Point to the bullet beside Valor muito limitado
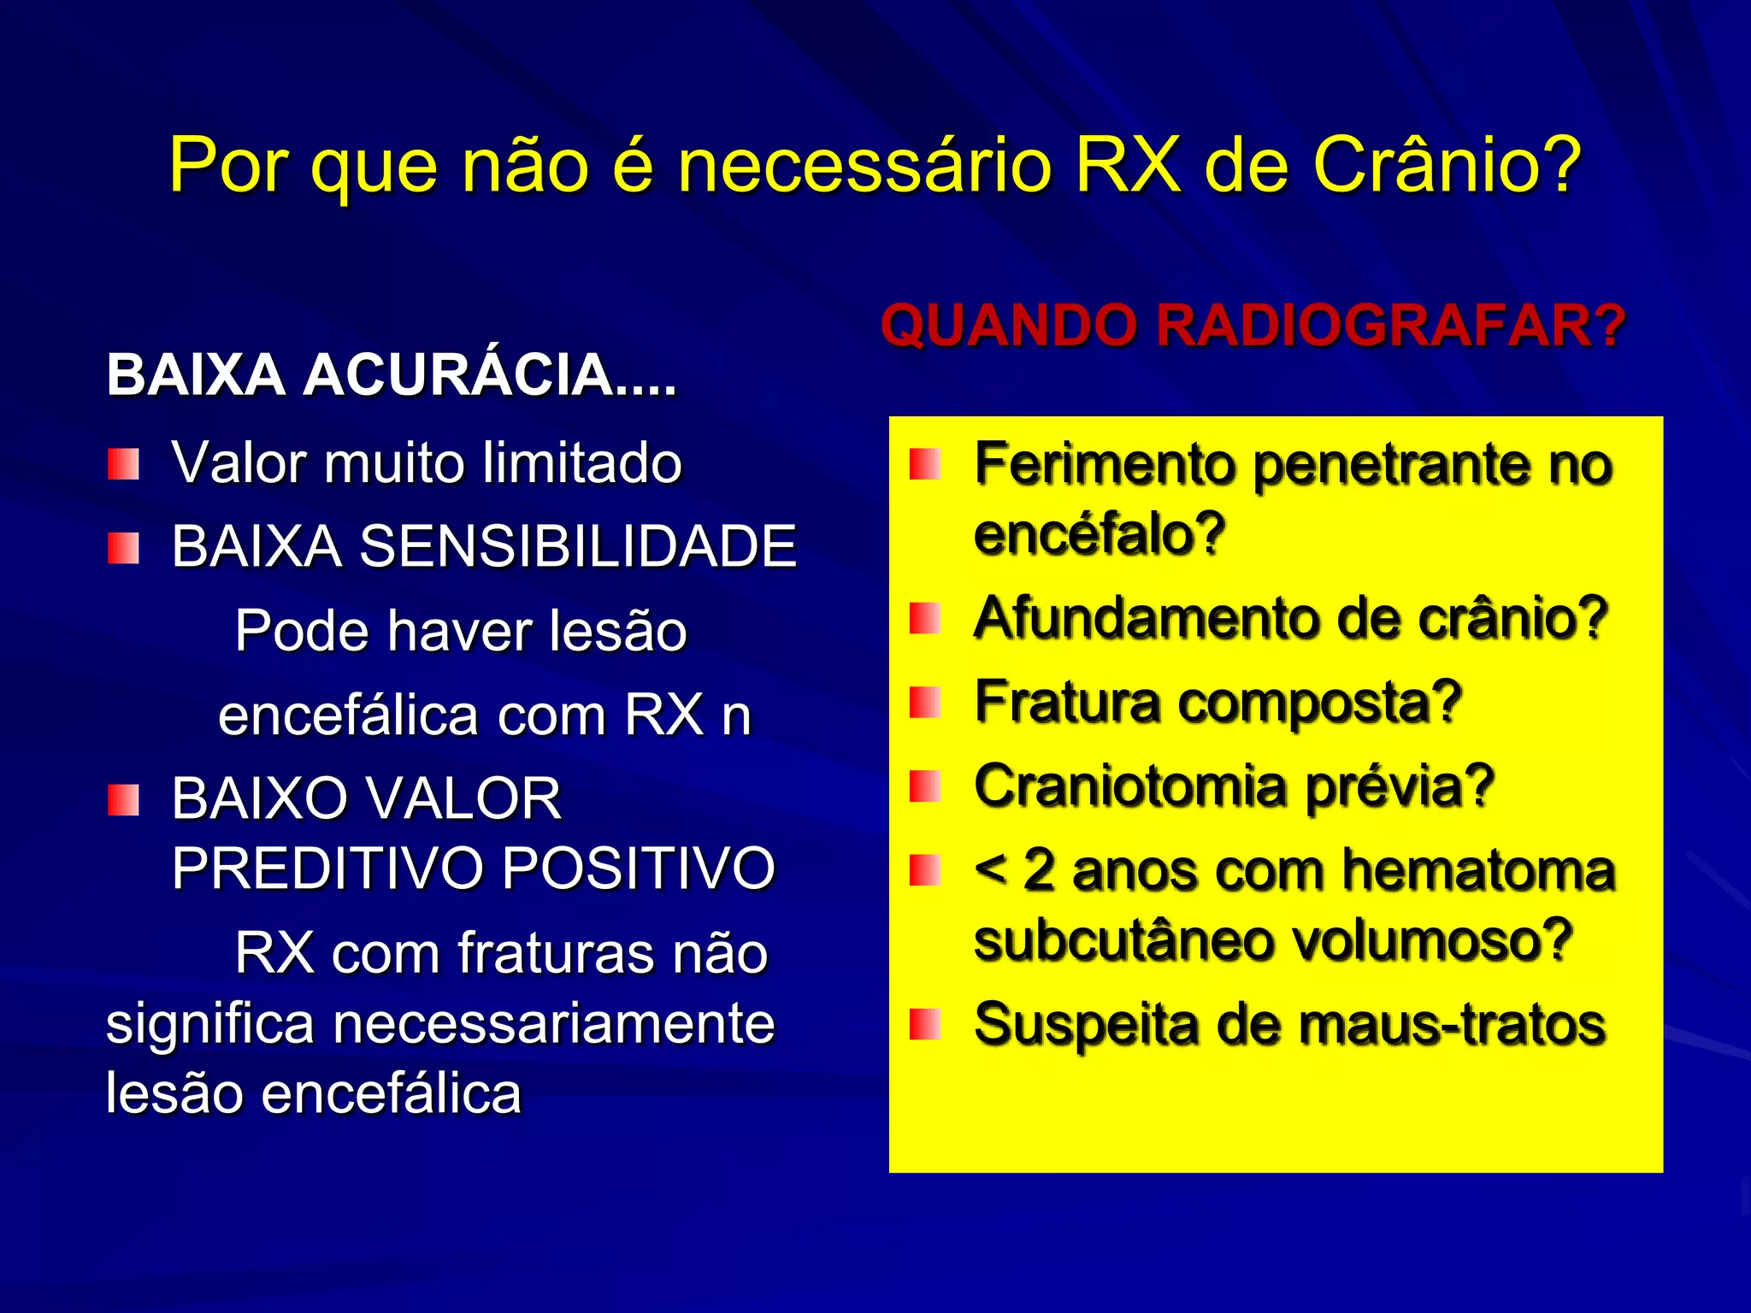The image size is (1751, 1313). pos(123,464)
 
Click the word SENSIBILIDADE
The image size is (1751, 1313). pos(578,546)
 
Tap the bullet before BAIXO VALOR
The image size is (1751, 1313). pos(123,800)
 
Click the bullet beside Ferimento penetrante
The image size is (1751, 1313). pos(924,464)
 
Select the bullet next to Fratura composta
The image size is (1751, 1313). pos(924,703)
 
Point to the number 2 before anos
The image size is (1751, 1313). pos(1039,871)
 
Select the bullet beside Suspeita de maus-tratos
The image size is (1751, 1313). pos(924,1023)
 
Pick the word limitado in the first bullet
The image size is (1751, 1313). pos(582,463)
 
